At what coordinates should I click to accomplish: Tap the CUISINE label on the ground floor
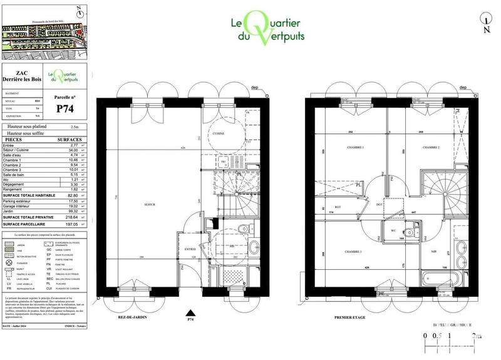pos(219,134)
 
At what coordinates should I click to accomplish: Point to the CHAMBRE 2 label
pos(430,147)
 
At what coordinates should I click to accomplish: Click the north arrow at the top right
pos(486,24)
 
